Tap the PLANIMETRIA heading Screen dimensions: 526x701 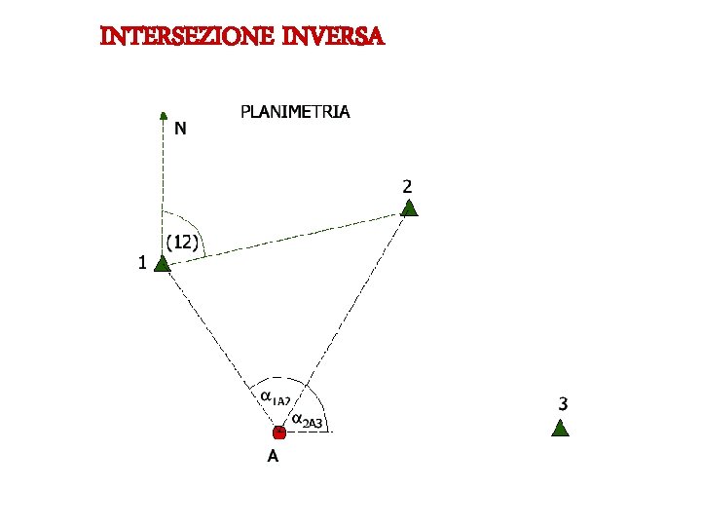click(x=295, y=112)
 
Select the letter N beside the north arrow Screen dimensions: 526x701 click(x=181, y=128)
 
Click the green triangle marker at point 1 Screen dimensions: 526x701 click(x=163, y=263)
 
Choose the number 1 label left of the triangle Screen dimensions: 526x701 click(x=142, y=262)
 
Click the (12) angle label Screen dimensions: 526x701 click(x=182, y=242)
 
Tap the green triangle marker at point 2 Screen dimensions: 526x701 click(x=410, y=207)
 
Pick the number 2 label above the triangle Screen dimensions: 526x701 click(x=407, y=185)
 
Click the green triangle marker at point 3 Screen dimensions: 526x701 click(x=560, y=428)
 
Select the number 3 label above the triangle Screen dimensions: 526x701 click(x=564, y=401)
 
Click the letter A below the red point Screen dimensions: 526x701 click(x=274, y=456)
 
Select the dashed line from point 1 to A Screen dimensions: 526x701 click(x=220, y=345)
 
